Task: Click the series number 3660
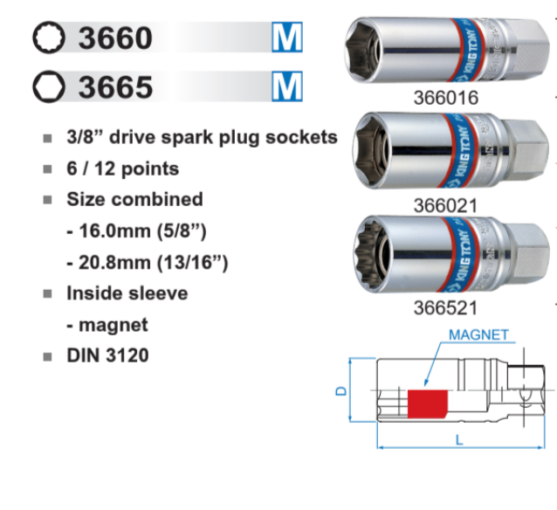[x=115, y=38]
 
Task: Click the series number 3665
[x=115, y=87]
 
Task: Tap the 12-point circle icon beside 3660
[x=49, y=38]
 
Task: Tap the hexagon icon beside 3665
[x=49, y=86]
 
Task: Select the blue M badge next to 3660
[x=287, y=37]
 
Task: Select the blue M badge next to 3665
[x=287, y=86]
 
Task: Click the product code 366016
[x=446, y=98]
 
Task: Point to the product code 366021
[x=445, y=206]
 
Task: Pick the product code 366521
[x=445, y=307]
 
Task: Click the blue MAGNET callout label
[x=478, y=334]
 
